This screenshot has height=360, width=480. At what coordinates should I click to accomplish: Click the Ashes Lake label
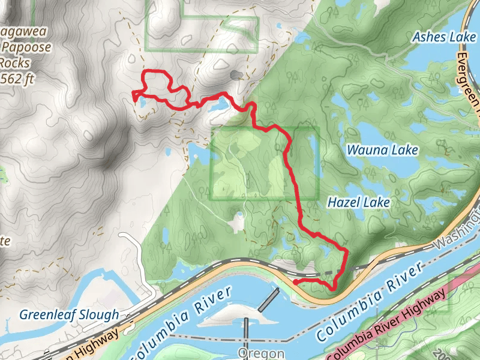coord(444,37)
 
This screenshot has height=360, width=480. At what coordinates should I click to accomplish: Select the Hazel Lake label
coord(358,203)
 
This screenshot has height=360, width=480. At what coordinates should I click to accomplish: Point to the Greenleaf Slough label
coord(68,314)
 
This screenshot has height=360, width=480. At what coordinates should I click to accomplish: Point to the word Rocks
coord(13,62)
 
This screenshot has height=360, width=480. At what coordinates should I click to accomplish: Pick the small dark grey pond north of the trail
coord(236,75)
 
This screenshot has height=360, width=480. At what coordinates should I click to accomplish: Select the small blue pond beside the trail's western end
coord(143,103)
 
